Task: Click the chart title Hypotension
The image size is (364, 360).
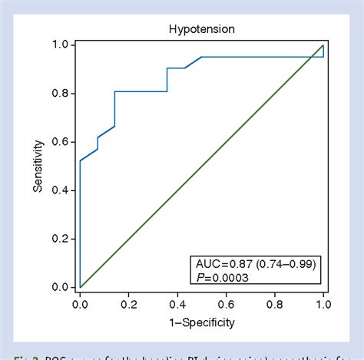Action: tap(201, 30)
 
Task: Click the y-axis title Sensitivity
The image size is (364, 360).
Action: tap(38, 165)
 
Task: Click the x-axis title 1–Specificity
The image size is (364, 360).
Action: tap(201, 322)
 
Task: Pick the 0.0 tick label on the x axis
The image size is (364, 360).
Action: tap(80, 303)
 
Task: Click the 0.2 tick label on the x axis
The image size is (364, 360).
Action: tap(128, 303)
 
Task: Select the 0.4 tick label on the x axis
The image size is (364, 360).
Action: tap(177, 303)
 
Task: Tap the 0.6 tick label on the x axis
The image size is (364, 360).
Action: tap(226, 303)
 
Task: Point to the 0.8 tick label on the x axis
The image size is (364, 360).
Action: tap(275, 303)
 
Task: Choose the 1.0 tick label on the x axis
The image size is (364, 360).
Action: tap(323, 303)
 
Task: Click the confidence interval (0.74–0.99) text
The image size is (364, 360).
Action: tap(285, 265)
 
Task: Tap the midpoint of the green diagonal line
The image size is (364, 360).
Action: tap(202, 166)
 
